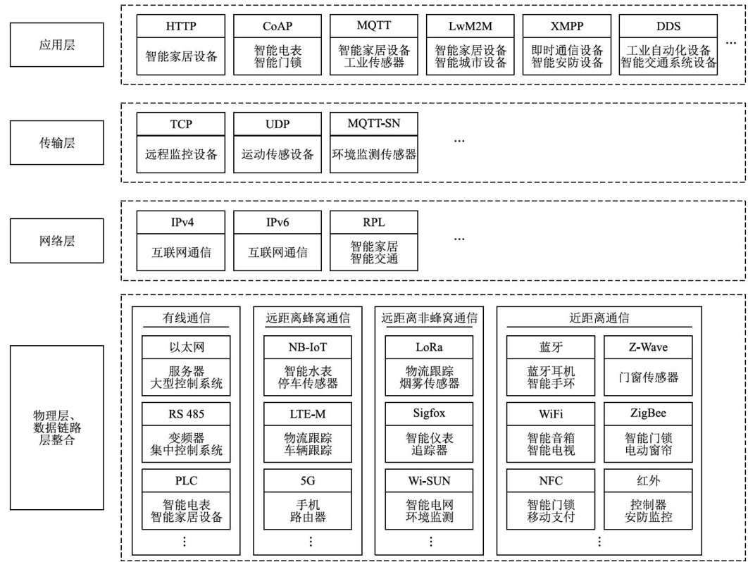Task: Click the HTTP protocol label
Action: tap(181, 27)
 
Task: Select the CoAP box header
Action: tap(278, 27)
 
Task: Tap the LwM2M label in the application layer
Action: tap(470, 27)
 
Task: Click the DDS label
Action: tap(668, 27)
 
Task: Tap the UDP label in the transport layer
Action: tap(278, 125)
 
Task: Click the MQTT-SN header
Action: tap(373, 125)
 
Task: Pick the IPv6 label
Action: tap(278, 223)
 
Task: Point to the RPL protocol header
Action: tap(373, 223)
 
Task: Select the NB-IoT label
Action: tap(308, 347)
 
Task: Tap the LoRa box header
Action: tap(430, 347)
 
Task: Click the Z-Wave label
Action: tap(647, 347)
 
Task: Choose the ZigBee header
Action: tap(647, 413)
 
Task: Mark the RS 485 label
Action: tap(187, 413)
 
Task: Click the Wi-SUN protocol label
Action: tap(430, 481)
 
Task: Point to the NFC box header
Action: tap(551, 481)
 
